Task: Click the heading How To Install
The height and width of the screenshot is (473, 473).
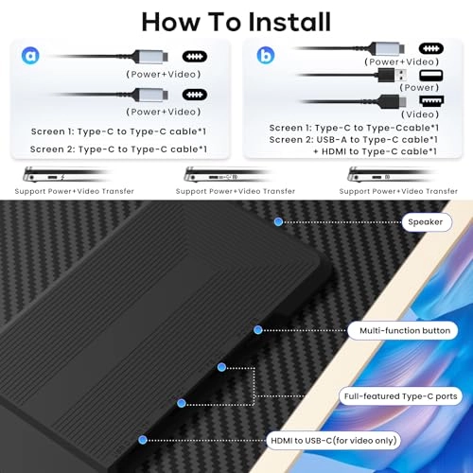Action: tap(236, 22)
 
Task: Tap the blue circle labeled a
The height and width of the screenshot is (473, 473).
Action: tap(30, 56)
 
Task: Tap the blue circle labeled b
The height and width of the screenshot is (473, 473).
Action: tap(266, 55)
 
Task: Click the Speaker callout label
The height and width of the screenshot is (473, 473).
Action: tap(427, 222)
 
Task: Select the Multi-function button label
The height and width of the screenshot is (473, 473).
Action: tap(403, 330)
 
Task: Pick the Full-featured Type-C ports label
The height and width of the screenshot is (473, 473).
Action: tap(400, 396)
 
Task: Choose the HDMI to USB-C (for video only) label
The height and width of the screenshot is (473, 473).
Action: tap(334, 440)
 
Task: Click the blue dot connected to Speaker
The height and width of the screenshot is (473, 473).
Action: tap(278, 222)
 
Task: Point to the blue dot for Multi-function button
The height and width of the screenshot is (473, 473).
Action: tap(258, 330)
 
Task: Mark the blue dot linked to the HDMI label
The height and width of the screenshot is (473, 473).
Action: tap(143, 440)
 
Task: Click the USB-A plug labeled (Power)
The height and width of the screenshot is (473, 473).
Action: tap(392, 75)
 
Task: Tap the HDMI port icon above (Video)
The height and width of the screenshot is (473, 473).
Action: tap(431, 100)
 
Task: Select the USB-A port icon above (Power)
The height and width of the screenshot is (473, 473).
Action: tap(431, 76)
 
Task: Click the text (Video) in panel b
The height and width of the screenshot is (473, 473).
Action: tap(420, 114)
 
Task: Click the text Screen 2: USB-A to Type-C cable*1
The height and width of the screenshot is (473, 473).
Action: tap(353, 139)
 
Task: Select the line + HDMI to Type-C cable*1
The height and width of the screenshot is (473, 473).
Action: tap(375, 151)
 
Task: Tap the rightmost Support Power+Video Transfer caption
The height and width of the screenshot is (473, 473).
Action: tap(398, 191)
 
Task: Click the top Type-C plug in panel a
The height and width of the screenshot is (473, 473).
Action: tap(150, 57)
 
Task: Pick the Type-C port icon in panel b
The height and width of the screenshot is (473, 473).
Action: tap(431, 48)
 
